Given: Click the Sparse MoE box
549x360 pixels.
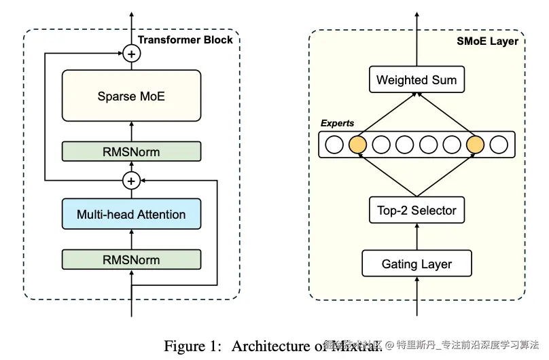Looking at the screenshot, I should (x=131, y=96).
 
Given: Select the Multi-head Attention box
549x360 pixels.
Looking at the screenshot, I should (x=131, y=215).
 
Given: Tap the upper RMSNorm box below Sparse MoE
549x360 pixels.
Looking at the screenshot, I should (x=131, y=151).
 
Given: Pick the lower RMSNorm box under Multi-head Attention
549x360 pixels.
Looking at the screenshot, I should (x=131, y=259).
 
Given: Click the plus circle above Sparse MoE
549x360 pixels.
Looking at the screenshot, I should (x=131, y=53).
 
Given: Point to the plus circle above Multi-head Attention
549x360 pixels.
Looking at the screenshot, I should (x=131, y=180).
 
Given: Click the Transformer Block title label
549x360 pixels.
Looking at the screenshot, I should (x=185, y=39).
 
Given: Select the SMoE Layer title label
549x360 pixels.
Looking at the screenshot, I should (x=487, y=41).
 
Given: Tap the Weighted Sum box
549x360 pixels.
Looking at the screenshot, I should (x=417, y=80).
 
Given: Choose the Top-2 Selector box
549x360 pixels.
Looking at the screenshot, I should (x=417, y=211).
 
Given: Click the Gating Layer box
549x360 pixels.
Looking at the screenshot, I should (x=417, y=264).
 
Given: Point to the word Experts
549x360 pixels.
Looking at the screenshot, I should (x=338, y=124).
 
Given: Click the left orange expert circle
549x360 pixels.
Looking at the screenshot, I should (x=357, y=145).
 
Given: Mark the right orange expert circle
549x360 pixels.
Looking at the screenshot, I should (x=476, y=145).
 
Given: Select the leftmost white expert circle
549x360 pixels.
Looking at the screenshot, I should (x=334, y=145).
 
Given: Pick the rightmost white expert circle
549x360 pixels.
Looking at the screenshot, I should (x=499, y=145).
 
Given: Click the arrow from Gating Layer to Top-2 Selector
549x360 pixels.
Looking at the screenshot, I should (x=417, y=237).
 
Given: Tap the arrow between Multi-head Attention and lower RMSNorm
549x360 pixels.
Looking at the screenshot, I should (x=131, y=238).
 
